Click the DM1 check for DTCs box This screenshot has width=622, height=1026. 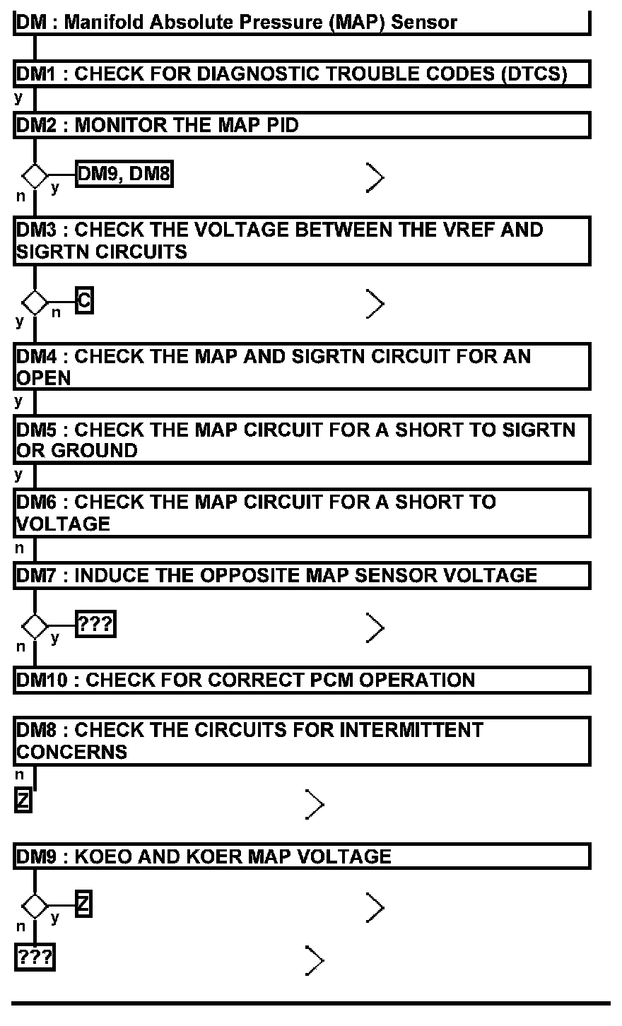point(302,73)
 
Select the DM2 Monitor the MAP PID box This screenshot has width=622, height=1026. point(302,125)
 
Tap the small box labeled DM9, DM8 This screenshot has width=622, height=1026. point(124,173)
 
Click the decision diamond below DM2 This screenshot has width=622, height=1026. point(35,175)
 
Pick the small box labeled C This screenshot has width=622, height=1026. point(84,302)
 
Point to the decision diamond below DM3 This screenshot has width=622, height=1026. point(35,303)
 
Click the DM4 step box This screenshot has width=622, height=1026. point(302,366)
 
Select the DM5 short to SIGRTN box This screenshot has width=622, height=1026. point(302,440)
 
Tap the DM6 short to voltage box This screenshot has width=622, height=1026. point(302,512)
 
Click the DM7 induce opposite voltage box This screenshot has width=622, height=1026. point(302,575)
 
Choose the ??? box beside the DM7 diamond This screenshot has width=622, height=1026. point(95,625)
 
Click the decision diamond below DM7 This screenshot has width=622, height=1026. point(35,626)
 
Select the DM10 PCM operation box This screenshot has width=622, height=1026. point(302,680)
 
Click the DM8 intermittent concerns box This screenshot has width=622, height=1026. point(302,741)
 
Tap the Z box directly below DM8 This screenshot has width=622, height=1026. point(23,801)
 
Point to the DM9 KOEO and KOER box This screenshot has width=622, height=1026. point(302,856)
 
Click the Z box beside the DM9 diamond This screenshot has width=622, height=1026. point(83,904)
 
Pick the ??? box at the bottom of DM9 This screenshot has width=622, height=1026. point(35,957)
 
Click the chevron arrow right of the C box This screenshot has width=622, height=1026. point(375,305)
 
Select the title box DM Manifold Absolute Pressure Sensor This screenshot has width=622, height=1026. point(302,23)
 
